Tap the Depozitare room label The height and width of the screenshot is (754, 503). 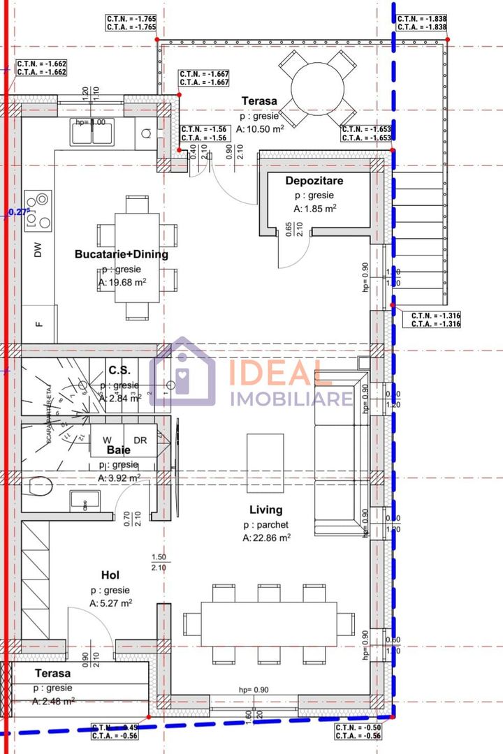[314, 181]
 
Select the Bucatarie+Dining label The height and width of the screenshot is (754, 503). [122, 254]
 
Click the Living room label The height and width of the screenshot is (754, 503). [266, 510]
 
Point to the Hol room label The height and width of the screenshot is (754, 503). [110, 575]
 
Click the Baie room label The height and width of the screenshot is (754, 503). [119, 450]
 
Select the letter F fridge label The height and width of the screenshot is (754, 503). [39, 324]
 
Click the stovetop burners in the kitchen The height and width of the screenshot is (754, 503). [38, 210]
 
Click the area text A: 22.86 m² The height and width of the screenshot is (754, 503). [267, 538]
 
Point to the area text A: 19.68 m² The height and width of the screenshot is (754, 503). [122, 282]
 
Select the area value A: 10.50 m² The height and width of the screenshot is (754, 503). [260, 128]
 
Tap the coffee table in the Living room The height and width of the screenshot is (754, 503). [265, 462]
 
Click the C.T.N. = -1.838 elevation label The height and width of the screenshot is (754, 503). [422, 19]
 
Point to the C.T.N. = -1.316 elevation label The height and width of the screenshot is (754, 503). [436, 316]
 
